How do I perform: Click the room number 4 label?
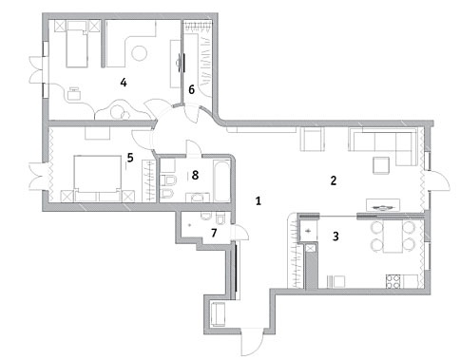click(124, 83)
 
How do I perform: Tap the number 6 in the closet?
click(191, 90)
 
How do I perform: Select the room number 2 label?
click(333, 180)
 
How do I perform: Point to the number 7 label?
click(214, 233)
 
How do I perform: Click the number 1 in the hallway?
click(259, 200)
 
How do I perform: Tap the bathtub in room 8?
click(221, 180)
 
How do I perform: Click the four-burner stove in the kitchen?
click(393, 281)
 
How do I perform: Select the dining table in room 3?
click(393, 237)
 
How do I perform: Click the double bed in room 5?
click(98, 179)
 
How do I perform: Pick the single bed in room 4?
click(77, 44)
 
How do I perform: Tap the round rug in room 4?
click(140, 53)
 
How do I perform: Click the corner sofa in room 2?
click(383, 146)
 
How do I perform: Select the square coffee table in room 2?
click(381, 165)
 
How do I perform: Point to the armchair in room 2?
click(313, 139)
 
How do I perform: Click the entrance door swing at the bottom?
click(253, 343)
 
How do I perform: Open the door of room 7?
click(240, 233)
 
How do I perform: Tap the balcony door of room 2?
click(438, 180)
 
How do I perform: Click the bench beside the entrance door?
click(218, 313)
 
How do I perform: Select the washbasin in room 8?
click(198, 198)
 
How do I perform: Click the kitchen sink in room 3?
click(308, 231)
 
